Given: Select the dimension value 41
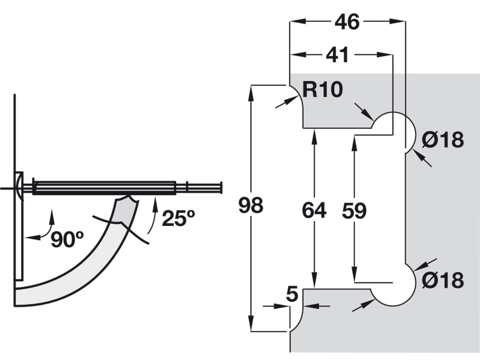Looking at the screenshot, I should [x=337, y=55].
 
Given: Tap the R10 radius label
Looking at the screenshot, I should [x=323, y=90].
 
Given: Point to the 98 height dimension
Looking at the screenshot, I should [x=251, y=205].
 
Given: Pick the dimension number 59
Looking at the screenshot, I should [x=354, y=211].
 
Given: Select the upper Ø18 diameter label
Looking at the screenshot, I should [x=443, y=139].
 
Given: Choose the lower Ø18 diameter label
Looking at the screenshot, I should [x=443, y=280].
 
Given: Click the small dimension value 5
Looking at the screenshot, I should [x=292, y=294].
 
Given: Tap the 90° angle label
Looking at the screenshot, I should [x=67, y=239].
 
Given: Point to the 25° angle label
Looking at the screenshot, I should [x=178, y=218].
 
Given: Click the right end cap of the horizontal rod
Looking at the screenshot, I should [x=221, y=188].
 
